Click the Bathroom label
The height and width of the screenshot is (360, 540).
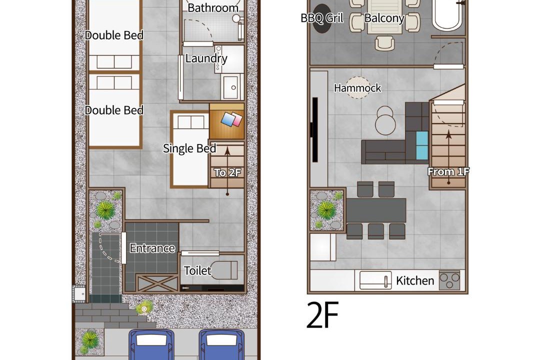pos(213,8)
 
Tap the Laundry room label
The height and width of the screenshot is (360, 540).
pos(206,58)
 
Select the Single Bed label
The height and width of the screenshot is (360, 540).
pos(189,148)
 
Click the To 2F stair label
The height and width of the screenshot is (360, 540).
pos(227,172)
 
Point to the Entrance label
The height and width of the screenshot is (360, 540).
pos(152,248)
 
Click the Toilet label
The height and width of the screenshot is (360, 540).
pos(197,271)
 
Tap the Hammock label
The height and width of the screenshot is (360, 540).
pos(357,88)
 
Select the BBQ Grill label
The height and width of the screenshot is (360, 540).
pos(322,18)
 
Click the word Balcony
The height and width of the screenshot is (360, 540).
pos(384,18)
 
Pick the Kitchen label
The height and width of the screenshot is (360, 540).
pos(415,281)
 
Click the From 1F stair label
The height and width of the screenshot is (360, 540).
pos(448,171)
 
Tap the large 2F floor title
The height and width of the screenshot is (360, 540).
pos(322,314)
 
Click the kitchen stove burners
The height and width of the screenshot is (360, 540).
pos(449,280)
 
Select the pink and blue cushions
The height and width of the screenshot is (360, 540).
pos(232,119)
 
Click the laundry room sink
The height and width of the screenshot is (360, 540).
pos(231,86)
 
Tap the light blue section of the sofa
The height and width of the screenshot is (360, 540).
pos(422,145)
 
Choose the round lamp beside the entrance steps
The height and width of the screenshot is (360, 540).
pos(144,309)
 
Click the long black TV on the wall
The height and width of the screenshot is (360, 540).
pos(314,129)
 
